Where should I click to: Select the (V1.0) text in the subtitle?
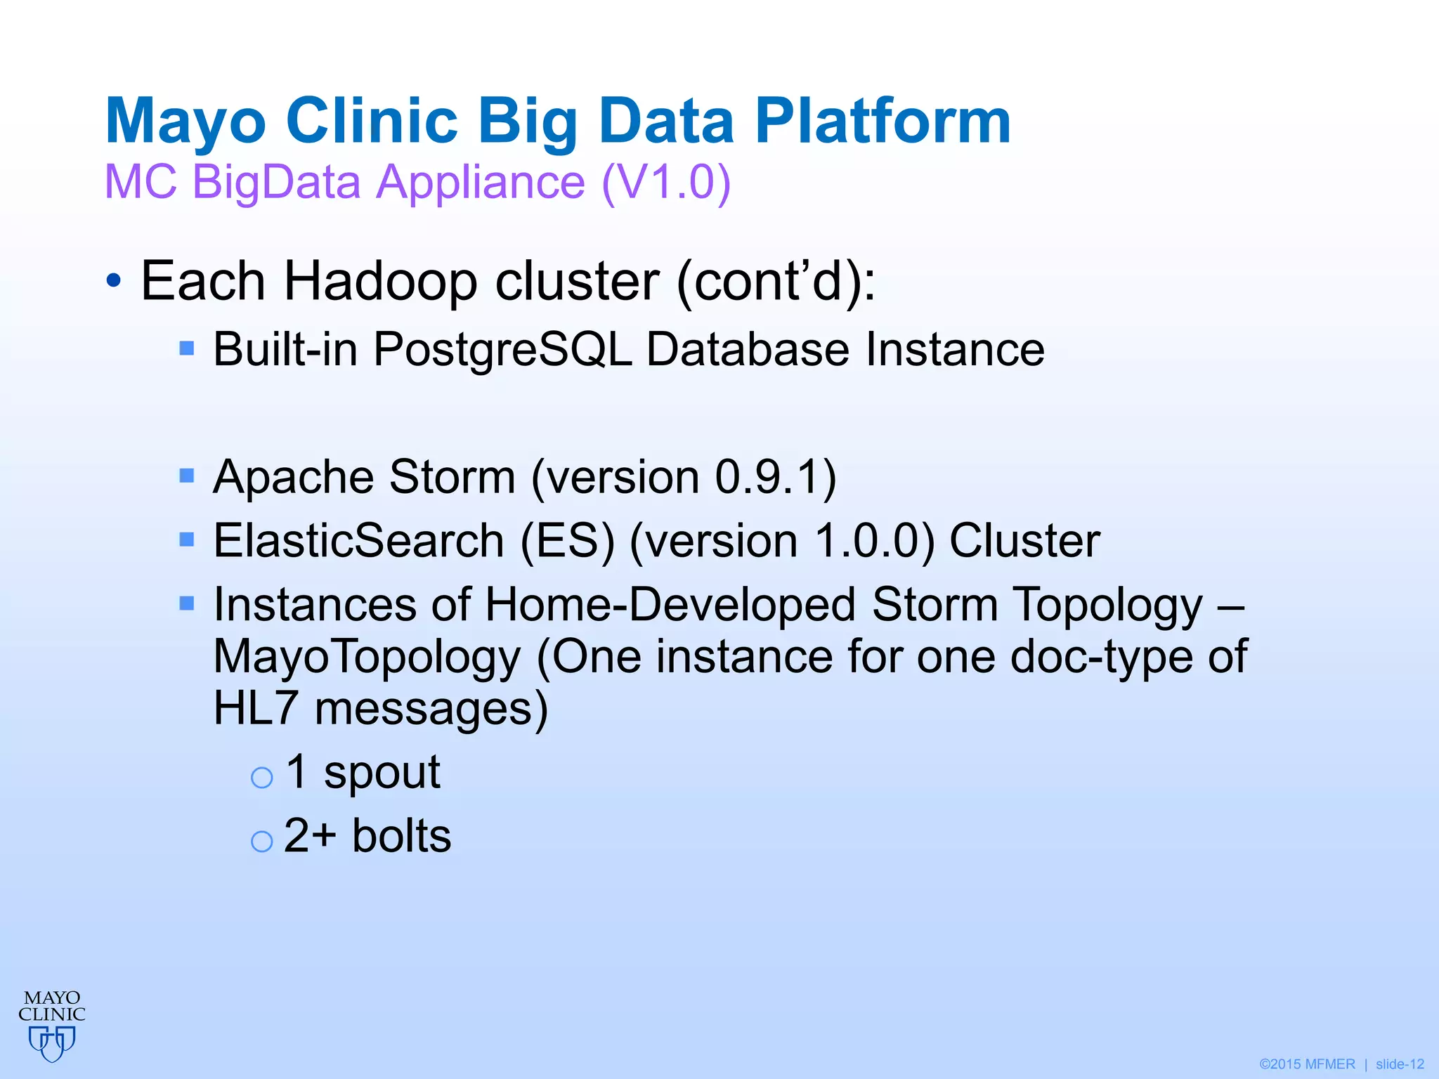[666, 182]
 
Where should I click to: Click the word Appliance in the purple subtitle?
[481, 182]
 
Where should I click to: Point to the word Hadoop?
[379, 281]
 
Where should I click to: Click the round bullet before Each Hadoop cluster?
[113, 282]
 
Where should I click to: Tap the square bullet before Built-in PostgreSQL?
[187, 348]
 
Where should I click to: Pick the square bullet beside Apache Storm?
[187, 476]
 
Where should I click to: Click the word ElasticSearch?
[358, 541]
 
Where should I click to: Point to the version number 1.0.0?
[866, 541]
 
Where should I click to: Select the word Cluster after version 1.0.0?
[1024, 541]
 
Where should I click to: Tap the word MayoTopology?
[367, 657]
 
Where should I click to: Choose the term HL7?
[256, 708]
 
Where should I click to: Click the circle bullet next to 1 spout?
[262, 777]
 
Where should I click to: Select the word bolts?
[401, 836]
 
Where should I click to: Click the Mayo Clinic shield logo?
[52, 1042]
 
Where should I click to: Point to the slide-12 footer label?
[1399, 1064]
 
